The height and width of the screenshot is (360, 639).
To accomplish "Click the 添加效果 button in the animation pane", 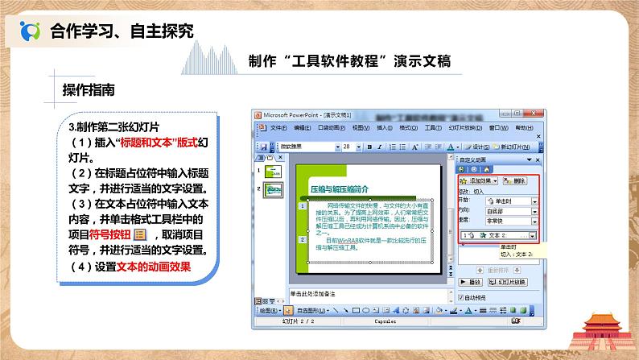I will (x=480, y=182).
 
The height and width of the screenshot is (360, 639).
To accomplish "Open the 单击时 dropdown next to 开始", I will (x=508, y=201).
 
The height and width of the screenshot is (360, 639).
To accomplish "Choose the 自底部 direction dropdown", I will (x=508, y=210).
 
